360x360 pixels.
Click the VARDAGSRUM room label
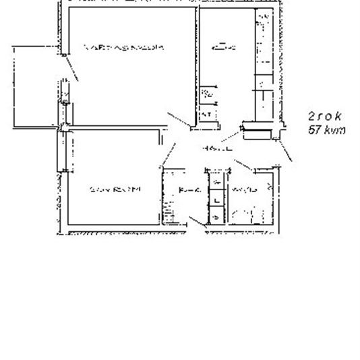coord(123,48)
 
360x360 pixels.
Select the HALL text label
coord(216,148)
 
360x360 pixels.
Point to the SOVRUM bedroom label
coord(115,190)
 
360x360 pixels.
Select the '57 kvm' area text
coord(326,130)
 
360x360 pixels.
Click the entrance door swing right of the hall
coord(287,152)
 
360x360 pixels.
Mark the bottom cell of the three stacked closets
coord(216,216)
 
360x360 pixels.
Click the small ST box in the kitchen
coord(207,115)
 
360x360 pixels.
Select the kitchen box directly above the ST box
coord(208,95)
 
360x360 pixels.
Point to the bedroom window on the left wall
coord(60,151)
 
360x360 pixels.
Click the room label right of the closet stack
coord(243,191)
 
